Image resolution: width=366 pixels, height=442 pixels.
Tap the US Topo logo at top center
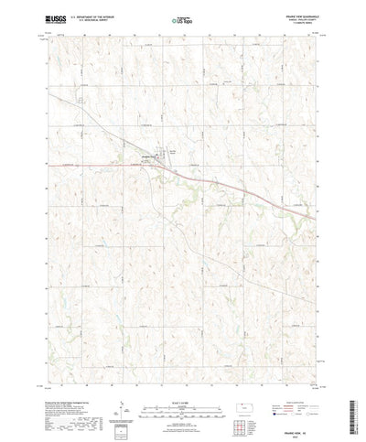(182, 17)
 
